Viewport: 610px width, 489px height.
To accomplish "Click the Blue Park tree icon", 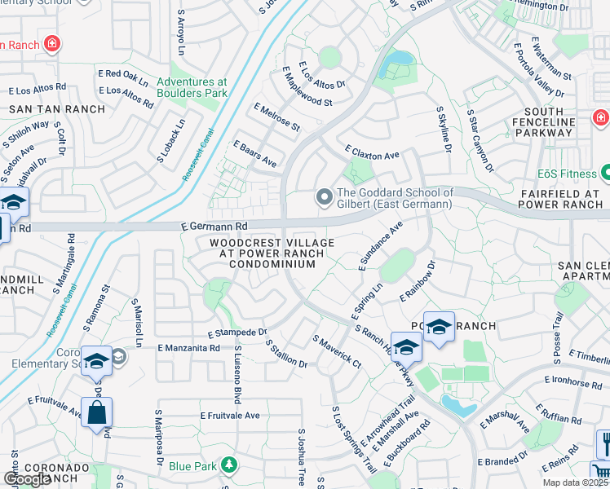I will tap(230, 465).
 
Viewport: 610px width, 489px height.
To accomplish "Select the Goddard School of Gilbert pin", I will tap(324, 196).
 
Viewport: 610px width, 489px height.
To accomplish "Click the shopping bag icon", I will tap(96, 413).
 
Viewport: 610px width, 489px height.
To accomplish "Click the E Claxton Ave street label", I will tap(372, 153).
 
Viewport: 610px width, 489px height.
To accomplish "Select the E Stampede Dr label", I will tap(237, 333).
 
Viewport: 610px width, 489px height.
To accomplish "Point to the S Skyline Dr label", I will tap(444, 129).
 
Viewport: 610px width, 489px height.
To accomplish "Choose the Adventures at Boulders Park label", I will tap(192, 87).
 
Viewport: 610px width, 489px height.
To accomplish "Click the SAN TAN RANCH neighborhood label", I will tap(57, 108).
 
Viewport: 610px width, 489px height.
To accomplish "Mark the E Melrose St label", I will tap(277, 117).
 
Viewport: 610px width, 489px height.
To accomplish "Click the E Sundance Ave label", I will tap(381, 244).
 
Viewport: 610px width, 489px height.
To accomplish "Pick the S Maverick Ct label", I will tap(336, 350).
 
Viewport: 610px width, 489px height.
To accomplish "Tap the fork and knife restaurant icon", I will tap(604, 444).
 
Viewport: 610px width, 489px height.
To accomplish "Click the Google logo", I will tap(27, 479).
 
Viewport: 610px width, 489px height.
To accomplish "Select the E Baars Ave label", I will tap(255, 154).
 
